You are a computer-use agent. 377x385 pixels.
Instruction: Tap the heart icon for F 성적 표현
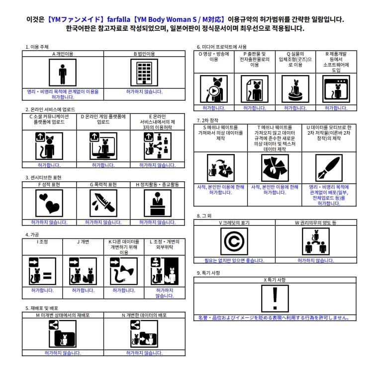point(49,203)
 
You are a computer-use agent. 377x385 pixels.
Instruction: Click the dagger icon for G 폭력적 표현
point(103,203)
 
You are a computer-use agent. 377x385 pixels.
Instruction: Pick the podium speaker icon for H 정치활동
point(157,203)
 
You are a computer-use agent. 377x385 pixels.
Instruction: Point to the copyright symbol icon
point(234,241)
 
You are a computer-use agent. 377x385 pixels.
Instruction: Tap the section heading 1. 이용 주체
point(37,47)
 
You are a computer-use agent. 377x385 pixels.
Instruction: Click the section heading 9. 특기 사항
point(208,273)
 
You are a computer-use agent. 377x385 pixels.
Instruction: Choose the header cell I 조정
point(42,242)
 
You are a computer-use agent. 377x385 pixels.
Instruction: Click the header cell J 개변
point(83,242)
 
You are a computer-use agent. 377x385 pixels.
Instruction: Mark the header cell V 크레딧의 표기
point(234,223)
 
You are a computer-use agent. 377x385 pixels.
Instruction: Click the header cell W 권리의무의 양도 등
point(315,223)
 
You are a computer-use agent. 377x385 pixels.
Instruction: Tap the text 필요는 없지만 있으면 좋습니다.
point(234,260)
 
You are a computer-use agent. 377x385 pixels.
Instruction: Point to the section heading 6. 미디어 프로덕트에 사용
point(222,47)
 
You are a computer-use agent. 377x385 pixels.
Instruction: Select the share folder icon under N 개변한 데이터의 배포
point(144,333)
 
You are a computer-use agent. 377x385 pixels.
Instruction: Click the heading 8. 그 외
point(204,216)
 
